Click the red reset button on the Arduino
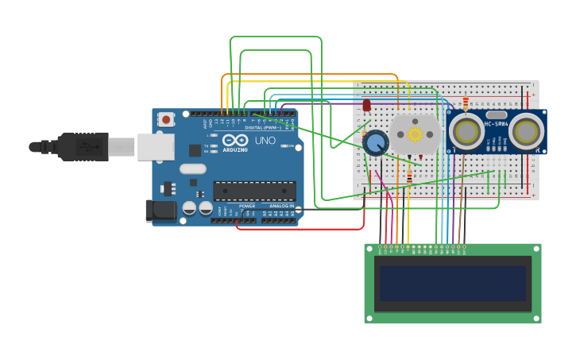tap(166, 120)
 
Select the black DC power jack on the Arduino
tap(160, 211)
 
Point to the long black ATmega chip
tap(254, 191)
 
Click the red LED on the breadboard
tap(366, 105)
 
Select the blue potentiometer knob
tap(376, 143)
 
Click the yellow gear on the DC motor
tap(415, 134)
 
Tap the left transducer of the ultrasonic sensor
tap(466, 133)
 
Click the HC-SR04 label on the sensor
tap(497, 124)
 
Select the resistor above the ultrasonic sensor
tap(466, 103)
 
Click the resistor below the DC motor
tap(409, 176)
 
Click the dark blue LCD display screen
tap(452, 283)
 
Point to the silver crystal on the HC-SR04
tap(497, 115)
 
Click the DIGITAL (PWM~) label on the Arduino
tap(261, 127)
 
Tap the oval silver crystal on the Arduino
tap(192, 168)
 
